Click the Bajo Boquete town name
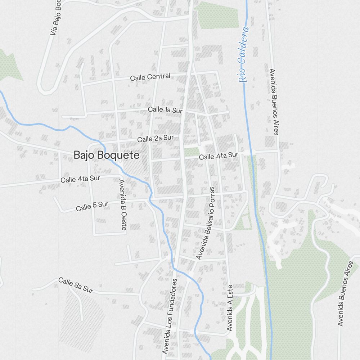(x=106, y=155)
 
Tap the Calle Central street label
(x=150, y=77)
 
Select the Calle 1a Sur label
(x=165, y=110)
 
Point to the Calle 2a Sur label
(x=155, y=138)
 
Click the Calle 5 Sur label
(x=92, y=206)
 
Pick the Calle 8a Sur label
(x=76, y=285)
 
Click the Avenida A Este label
(x=230, y=309)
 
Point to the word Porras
(x=211, y=199)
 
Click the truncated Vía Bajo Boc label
(x=56, y=18)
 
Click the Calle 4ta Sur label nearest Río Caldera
(x=219, y=156)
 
